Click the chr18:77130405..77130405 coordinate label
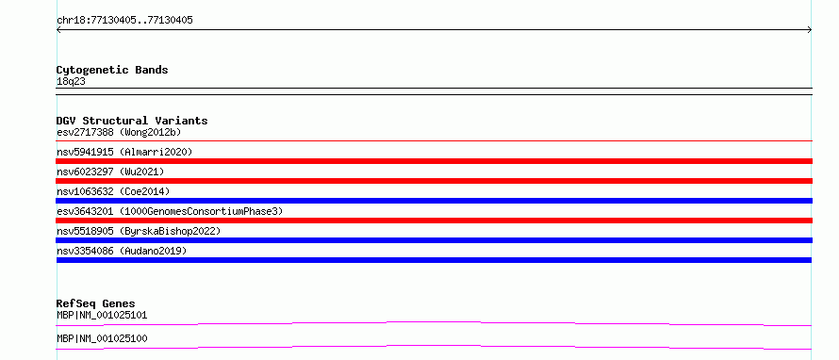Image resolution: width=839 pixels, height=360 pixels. pos(124,21)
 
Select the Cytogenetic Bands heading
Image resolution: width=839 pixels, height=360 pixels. pos(112,70)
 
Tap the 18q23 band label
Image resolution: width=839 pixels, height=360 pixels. pos(71,82)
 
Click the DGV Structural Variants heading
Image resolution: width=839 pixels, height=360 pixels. pos(132,121)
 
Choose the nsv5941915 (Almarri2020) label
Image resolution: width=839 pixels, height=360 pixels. pos(124,152)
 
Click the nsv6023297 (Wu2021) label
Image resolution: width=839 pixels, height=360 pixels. pos(110,172)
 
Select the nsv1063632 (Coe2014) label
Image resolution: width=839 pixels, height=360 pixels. pos(113,191)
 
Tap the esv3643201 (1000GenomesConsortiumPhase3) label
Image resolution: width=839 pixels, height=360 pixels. pos(170,211)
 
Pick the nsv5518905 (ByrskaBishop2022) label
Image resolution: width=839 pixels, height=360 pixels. pos(139,231)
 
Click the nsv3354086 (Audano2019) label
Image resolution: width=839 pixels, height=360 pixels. pos(122,251)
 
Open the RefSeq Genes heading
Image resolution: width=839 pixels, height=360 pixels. pos(96,303)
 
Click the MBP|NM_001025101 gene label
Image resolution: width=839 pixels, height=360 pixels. pos(102,316)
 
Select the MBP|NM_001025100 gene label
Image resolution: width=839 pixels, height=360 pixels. pos(102,339)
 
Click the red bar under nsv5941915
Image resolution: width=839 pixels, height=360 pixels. pos(434,161)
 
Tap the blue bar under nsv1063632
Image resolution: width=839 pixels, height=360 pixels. pos(434,201)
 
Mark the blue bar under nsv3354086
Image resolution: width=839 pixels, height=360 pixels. pos(434,260)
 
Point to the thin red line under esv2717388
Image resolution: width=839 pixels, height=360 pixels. pos(434,140)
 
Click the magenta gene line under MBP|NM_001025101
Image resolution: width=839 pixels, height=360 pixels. pos(434,322)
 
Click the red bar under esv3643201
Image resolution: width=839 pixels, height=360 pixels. pos(434,221)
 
